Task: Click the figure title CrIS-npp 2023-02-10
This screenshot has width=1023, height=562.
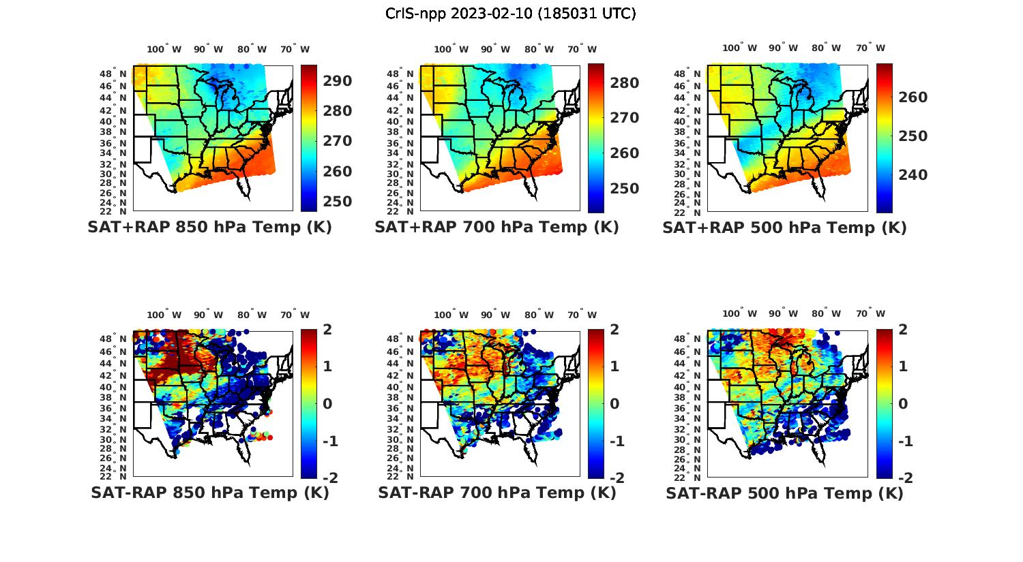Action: [x=510, y=14]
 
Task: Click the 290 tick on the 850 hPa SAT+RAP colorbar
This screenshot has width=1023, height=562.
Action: [x=338, y=81]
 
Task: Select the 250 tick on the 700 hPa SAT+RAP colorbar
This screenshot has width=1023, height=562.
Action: [x=625, y=189]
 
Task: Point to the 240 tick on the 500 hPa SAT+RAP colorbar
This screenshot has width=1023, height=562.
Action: [x=913, y=175]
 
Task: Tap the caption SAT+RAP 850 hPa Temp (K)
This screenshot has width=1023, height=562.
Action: [x=209, y=228]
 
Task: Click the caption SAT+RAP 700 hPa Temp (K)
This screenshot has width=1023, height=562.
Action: [x=496, y=228]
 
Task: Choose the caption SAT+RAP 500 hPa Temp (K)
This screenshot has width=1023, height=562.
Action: [x=784, y=228]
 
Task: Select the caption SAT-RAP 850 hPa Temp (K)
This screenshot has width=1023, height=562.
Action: [x=209, y=493]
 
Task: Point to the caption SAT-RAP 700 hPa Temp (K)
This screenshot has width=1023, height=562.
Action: [x=496, y=493]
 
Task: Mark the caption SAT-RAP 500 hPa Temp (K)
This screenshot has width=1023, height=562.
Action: [x=784, y=493]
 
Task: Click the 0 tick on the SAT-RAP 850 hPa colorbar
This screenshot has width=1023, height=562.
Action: [x=327, y=404]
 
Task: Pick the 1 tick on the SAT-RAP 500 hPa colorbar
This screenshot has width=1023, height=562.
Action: [x=904, y=366]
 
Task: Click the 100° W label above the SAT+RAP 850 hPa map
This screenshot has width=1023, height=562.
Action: [x=164, y=49]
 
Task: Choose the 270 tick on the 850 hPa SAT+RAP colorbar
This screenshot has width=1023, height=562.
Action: [x=338, y=141]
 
